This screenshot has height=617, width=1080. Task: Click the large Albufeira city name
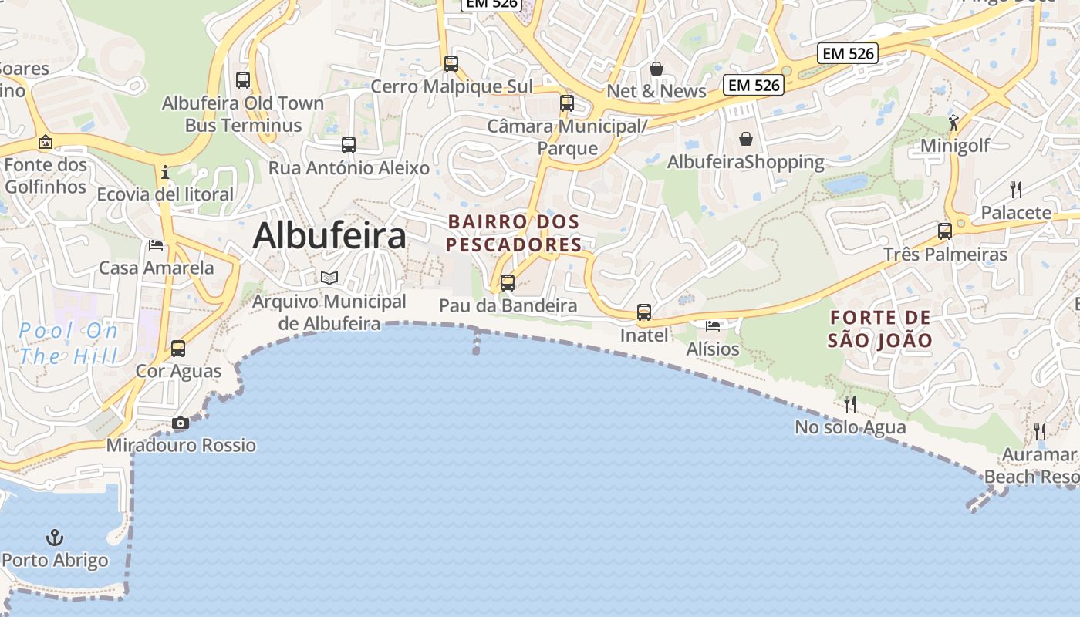coord(329,235)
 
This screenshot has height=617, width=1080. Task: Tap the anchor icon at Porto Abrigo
coord(55,537)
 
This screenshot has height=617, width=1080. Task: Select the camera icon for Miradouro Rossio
coord(181,423)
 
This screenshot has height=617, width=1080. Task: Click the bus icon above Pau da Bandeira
coord(507,282)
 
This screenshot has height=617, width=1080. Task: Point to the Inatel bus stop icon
coord(644,312)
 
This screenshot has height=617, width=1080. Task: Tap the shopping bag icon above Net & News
coord(656,69)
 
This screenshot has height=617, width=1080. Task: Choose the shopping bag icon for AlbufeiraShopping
coord(746,139)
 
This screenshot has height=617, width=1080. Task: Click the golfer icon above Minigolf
coord(954,122)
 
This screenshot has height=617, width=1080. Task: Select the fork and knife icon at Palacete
coord(1016,189)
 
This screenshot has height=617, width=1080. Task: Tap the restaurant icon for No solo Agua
coord(850,403)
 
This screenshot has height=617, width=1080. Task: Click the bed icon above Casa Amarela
coord(156,245)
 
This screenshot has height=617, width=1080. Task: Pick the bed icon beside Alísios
coord(713,326)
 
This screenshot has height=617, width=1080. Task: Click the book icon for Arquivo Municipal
coord(329,278)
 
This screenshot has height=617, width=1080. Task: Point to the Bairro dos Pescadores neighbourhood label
coord(514,233)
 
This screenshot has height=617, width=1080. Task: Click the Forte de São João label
coord(880,329)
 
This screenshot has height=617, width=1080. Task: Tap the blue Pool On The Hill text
coord(69,344)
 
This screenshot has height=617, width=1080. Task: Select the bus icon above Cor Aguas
coord(178,348)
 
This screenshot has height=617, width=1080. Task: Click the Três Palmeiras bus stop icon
coord(945,231)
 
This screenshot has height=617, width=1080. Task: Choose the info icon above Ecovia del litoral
coord(164,172)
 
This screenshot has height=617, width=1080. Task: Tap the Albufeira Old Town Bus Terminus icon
coord(243,79)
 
